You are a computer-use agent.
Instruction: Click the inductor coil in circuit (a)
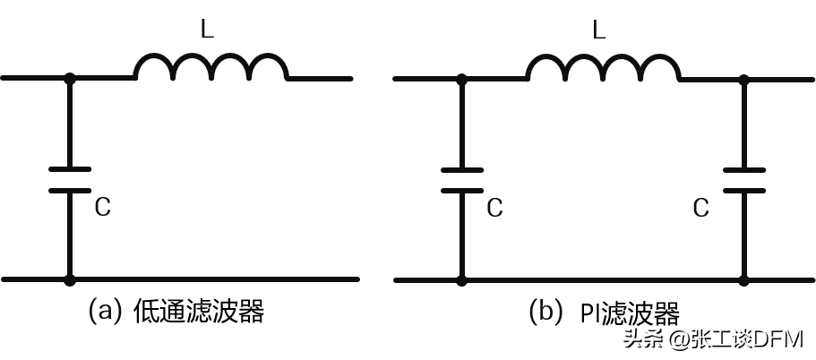210,68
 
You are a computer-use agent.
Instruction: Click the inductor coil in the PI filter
602,68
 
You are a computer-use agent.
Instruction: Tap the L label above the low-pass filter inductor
207,30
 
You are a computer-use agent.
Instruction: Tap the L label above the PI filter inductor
599,30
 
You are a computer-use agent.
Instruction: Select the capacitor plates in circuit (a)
69,179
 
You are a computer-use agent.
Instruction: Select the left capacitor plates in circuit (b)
461,179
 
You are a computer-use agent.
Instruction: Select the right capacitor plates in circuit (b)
743,179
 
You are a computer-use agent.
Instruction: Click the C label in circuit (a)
103,208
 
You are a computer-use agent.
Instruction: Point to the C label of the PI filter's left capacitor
494,208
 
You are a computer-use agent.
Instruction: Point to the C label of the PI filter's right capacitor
701,208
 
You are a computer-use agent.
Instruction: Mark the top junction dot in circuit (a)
70,79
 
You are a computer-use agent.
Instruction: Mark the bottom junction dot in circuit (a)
70,280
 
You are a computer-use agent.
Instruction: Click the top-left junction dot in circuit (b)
461,79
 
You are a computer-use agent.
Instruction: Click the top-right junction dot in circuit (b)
743,79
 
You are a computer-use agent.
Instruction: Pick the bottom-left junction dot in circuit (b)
461,280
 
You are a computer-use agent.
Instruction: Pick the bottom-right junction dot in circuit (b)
743,280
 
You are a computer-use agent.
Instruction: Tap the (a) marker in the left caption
104,312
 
